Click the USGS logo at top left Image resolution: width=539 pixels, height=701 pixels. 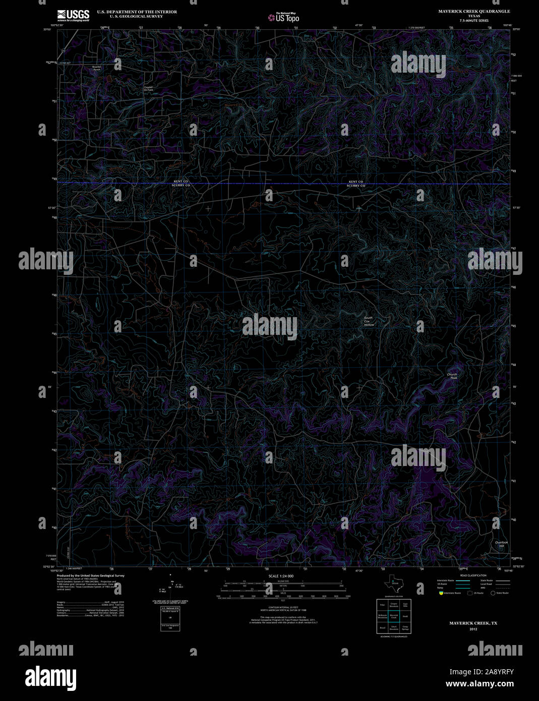pyautogui.click(x=73, y=15)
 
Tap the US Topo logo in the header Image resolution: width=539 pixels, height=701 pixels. pyautogui.click(x=283, y=18)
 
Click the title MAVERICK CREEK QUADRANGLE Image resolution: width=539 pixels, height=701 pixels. pyautogui.click(x=474, y=11)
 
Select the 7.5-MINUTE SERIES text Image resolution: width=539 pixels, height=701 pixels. pyautogui.click(x=474, y=21)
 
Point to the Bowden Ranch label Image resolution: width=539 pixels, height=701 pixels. pyautogui.click(x=97, y=68)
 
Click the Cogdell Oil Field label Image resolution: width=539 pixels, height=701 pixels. pyautogui.click(x=148, y=88)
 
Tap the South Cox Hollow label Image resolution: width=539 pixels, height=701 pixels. pyautogui.click(x=369, y=321)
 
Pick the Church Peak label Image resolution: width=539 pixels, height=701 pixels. pyautogui.click(x=452, y=376)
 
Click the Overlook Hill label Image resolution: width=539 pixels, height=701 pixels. pyautogui.click(x=501, y=544)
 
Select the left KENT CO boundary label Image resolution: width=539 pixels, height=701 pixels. pyautogui.click(x=181, y=181)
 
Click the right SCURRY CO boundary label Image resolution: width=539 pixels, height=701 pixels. pyautogui.click(x=356, y=186)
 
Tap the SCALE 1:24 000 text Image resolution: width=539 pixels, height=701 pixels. pyautogui.click(x=281, y=576)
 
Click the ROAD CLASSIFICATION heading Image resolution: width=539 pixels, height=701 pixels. pyautogui.click(x=473, y=575)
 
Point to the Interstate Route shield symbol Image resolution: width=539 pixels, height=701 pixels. pyautogui.click(x=440, y=593)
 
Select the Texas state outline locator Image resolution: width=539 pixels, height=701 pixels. pyautogui.click(x=392, y=584)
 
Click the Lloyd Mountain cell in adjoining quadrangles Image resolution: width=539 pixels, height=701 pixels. pyautogui.click(x=394, y=628)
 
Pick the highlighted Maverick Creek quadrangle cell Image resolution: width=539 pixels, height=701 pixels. pyautogui.click(x=394, y=616)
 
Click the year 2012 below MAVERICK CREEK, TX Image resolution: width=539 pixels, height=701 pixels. pyautogui.click(x=473, y=629)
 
